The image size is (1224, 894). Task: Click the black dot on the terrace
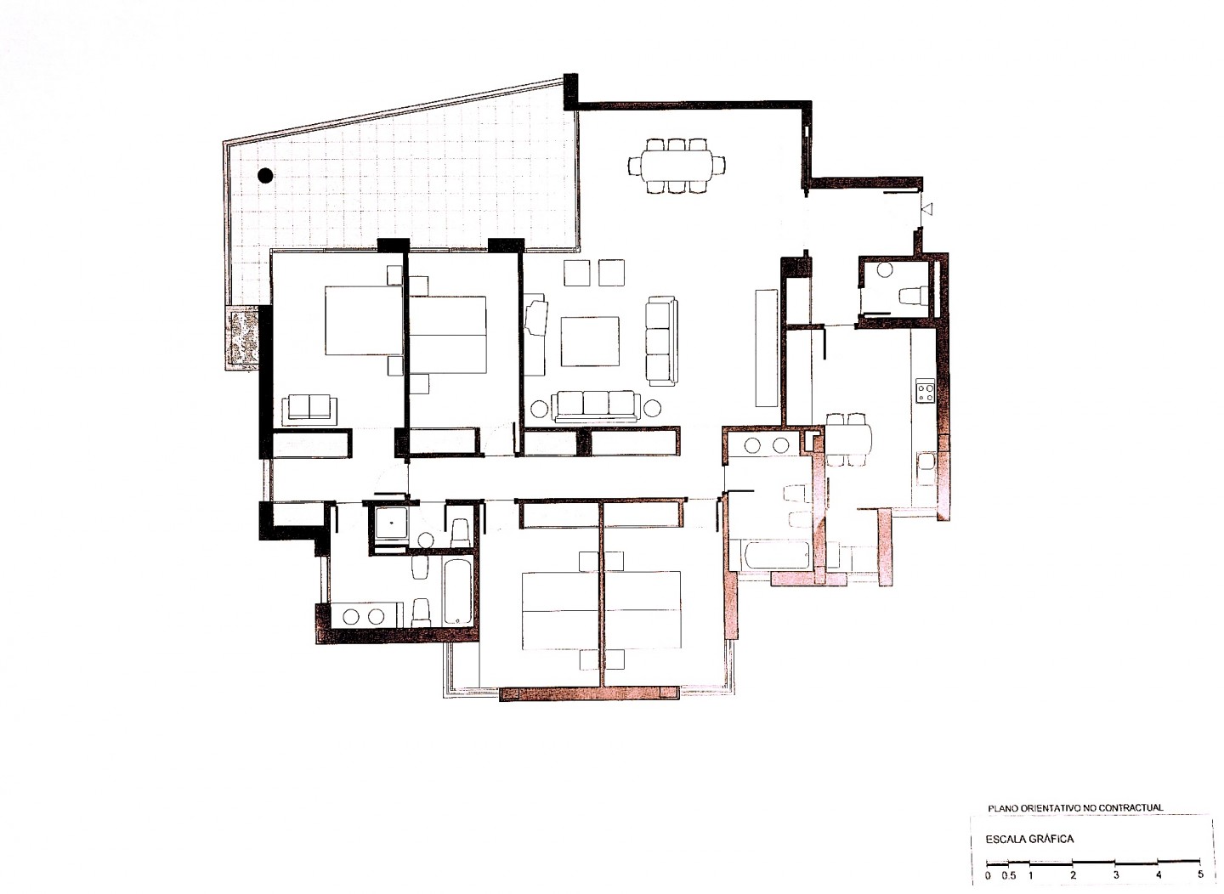[x=265, y=175]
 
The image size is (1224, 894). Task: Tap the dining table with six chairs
[x=677, y=165]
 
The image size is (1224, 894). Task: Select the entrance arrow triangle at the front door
[x=928, y=208]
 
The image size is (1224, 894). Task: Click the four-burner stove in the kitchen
[x=926, y=391]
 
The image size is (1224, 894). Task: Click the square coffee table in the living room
[x=590, y=342]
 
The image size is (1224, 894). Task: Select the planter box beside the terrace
[x=242, y=339]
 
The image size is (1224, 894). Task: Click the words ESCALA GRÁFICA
[x=1029, y=839]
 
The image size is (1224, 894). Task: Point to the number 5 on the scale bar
[x=1200, y=874]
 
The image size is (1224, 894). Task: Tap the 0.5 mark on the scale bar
[x=1009, y=874]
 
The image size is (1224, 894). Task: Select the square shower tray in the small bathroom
[x=391, y=523]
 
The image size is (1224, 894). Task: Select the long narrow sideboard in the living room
[x=766, y=348]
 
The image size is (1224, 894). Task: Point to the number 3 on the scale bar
[x=1115, y=874]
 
